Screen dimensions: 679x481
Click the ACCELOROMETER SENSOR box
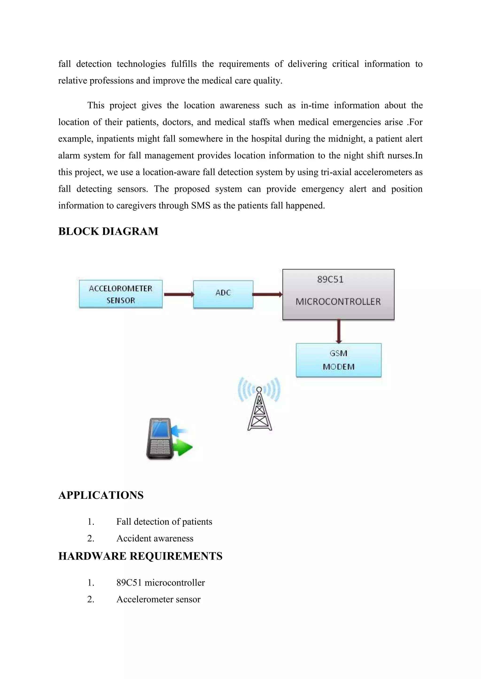pyautogui.click(x=120, y=294)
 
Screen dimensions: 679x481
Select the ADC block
pyautogui.click(x=223, y=294)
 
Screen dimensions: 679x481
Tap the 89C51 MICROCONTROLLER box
pyautogui.click(x=338, y=294)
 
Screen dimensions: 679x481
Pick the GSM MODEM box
pyautogui.click(x=338, y=360)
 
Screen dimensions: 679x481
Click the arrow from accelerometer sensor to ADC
pyautogui.click(x=178, y=294)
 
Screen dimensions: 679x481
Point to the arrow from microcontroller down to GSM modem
pyautogui.click(x=339, y=331)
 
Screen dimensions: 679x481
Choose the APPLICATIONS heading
pyautogui.click(x=101, y=495)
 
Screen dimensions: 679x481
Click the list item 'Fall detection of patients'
pyautogui.click(x=164, y=521)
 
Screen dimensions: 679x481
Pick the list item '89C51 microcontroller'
pyautogui.click(x=161, y=583)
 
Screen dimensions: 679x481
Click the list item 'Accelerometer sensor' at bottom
pyautogui.click(x=159, y=599)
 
